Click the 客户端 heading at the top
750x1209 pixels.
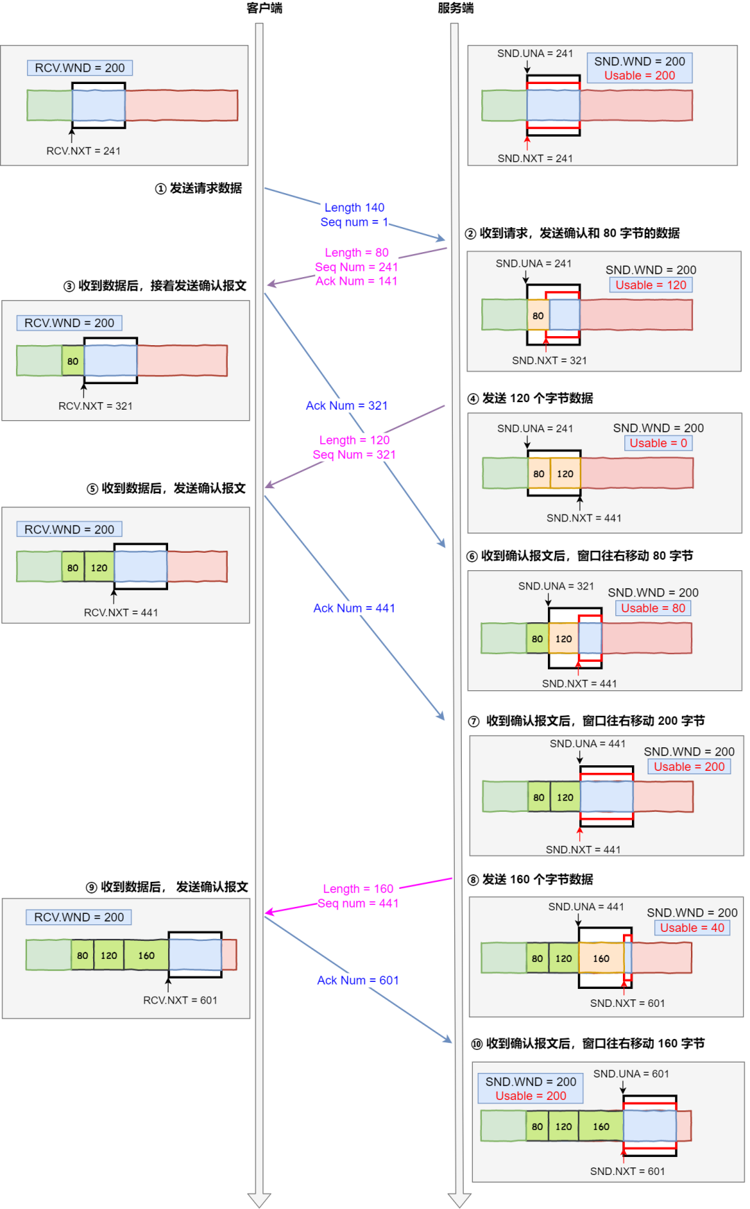click(x=265, y=8)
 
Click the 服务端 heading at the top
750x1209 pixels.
click(x=456, y=8)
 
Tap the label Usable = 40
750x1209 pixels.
click(x=692, y=928)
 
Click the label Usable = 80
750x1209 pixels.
click(x=653, y=608)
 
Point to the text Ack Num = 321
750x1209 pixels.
click(x=347, y=406)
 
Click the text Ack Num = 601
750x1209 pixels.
click(x=358, y=981)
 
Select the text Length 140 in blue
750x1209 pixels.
click(x=354, y=208)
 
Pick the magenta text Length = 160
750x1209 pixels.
click(x=358, y=889)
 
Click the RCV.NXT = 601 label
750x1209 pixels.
click(x=180, y=1001)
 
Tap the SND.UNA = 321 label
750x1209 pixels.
click(x=556, y=586)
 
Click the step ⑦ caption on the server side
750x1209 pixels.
click(x=587, y=721)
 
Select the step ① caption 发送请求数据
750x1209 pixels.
click(x=199, y=188)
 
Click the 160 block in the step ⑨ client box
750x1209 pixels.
click(x=146, y=956)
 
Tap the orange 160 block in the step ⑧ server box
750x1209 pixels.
click(x=601, y=958)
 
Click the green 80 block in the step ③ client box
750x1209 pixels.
click(x=73, y=361)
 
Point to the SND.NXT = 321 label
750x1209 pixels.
click(x=549, y=360)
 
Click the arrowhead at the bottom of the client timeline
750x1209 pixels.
click(x=259, y=1200)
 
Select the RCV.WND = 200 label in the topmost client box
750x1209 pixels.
click(x=80, y=68)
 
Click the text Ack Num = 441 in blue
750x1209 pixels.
click(x=354, y=608)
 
